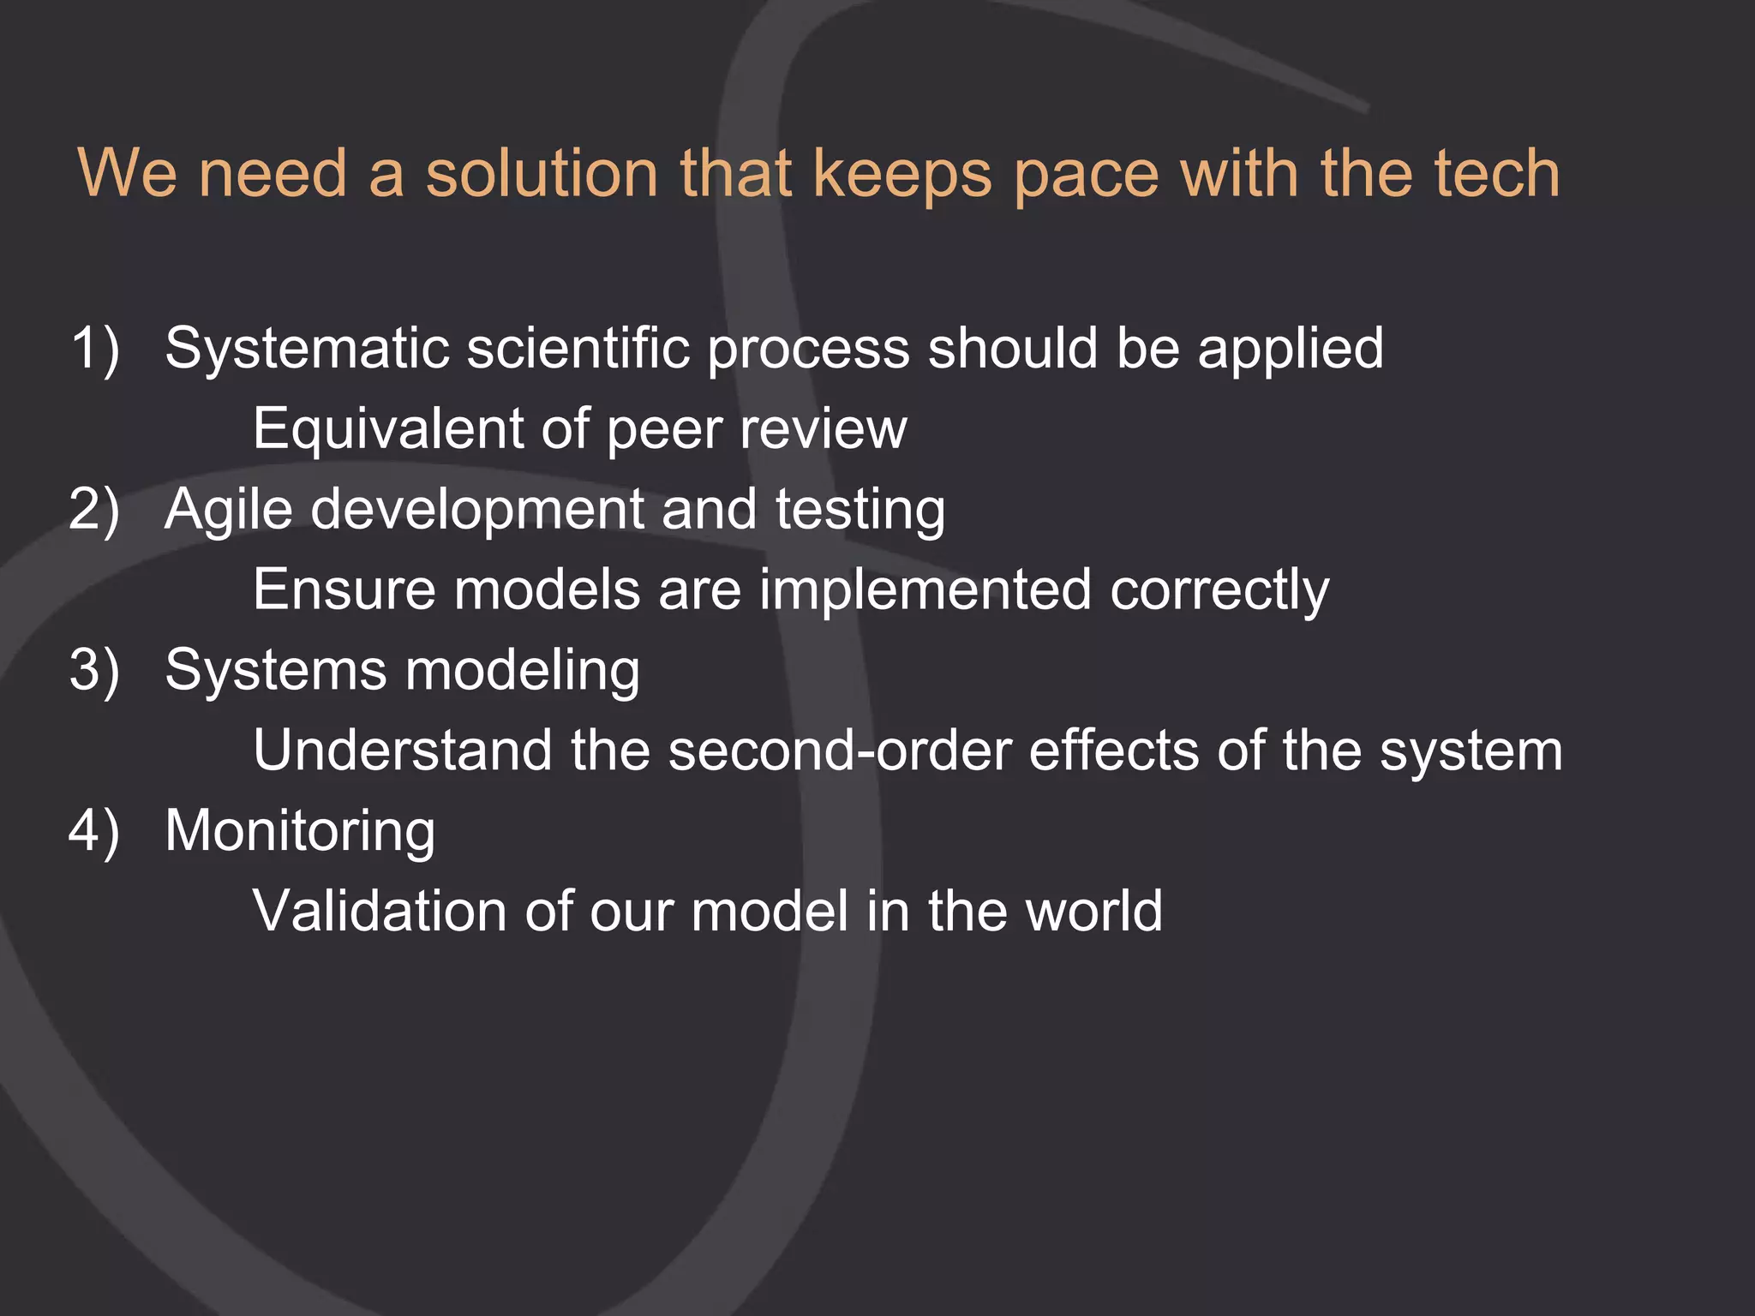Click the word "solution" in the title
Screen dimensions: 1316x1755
click(542, 174)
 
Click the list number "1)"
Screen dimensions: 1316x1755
click(95, 349)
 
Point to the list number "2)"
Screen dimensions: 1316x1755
click(94, 510)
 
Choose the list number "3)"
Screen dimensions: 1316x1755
click(94, 670)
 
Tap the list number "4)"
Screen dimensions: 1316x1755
click(94, 831)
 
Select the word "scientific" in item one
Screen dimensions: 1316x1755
click(578, 349)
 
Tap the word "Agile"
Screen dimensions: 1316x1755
click(229, 510)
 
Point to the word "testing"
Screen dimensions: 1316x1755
click(860, 510)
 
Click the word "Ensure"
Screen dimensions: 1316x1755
click(344, 590)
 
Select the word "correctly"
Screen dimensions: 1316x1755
click(1219, 590)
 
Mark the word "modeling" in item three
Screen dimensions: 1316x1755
click(522, 670)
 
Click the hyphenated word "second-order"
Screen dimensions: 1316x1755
click(839, 751)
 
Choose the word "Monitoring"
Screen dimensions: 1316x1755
click(300, 831)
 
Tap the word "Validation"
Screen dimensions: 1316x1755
click(380, 911)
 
